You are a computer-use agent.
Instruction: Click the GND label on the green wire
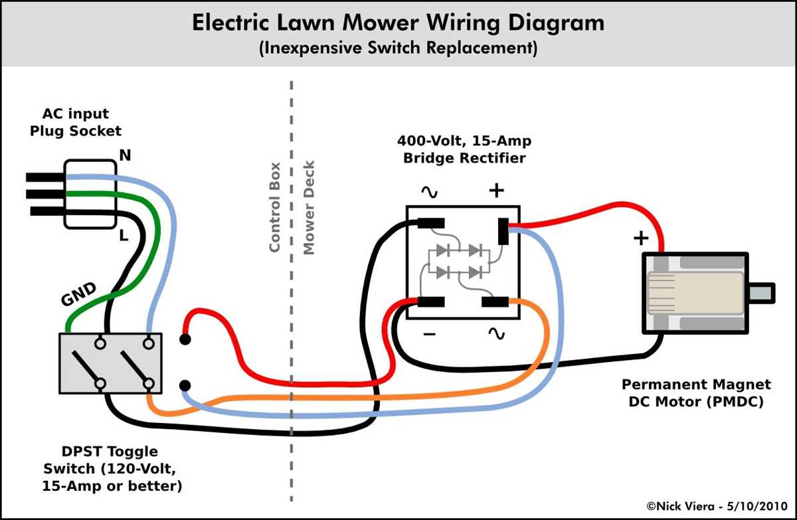pos(78,294)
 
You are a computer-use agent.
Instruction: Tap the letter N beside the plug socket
pos(124,155)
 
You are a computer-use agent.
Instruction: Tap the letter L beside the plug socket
pos(124,236)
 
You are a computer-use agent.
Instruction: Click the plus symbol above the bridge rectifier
pos(496,191)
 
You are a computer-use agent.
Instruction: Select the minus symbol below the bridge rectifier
pos(429,335)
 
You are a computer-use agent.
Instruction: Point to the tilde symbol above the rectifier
pos(428,193)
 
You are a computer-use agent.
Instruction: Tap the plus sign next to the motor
pos(641,238)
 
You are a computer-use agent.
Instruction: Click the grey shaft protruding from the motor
pos(761,293)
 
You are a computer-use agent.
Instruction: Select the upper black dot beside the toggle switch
pos(185,340)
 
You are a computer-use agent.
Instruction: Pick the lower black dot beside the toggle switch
pos(185,385)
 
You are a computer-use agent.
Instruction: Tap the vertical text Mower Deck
pos(308,207)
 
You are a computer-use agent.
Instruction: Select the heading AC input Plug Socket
pos(76,122)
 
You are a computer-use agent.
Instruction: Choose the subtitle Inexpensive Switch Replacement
pos(398,48)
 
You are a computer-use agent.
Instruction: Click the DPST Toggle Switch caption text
pos(112,468)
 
